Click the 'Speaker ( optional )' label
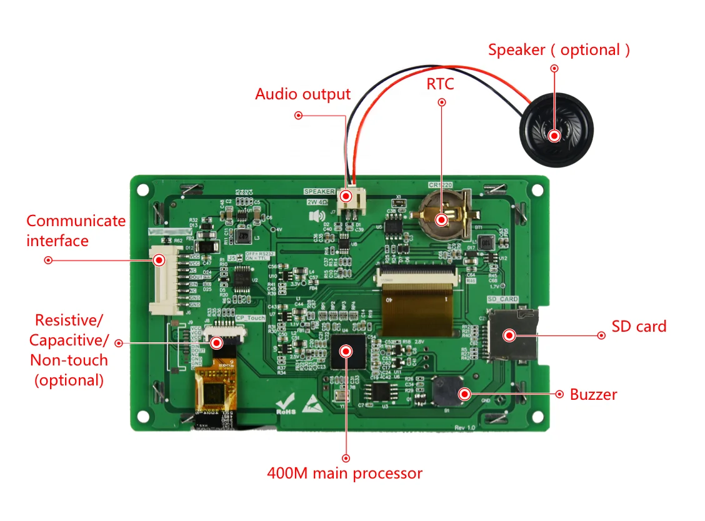tap(559, 50)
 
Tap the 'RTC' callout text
tap(440, 84)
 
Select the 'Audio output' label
tap(302, 94)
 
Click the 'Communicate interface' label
tap(76, 231)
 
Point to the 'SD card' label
tap(639, 326)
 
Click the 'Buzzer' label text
tap(593, 394)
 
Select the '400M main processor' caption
tap(344, 473)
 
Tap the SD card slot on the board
tap(511, 335)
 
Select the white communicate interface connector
tap(158, 282)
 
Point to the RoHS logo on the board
tap(286, 404)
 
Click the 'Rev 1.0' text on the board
tap(466, 427)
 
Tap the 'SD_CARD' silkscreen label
tap(502, 300)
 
